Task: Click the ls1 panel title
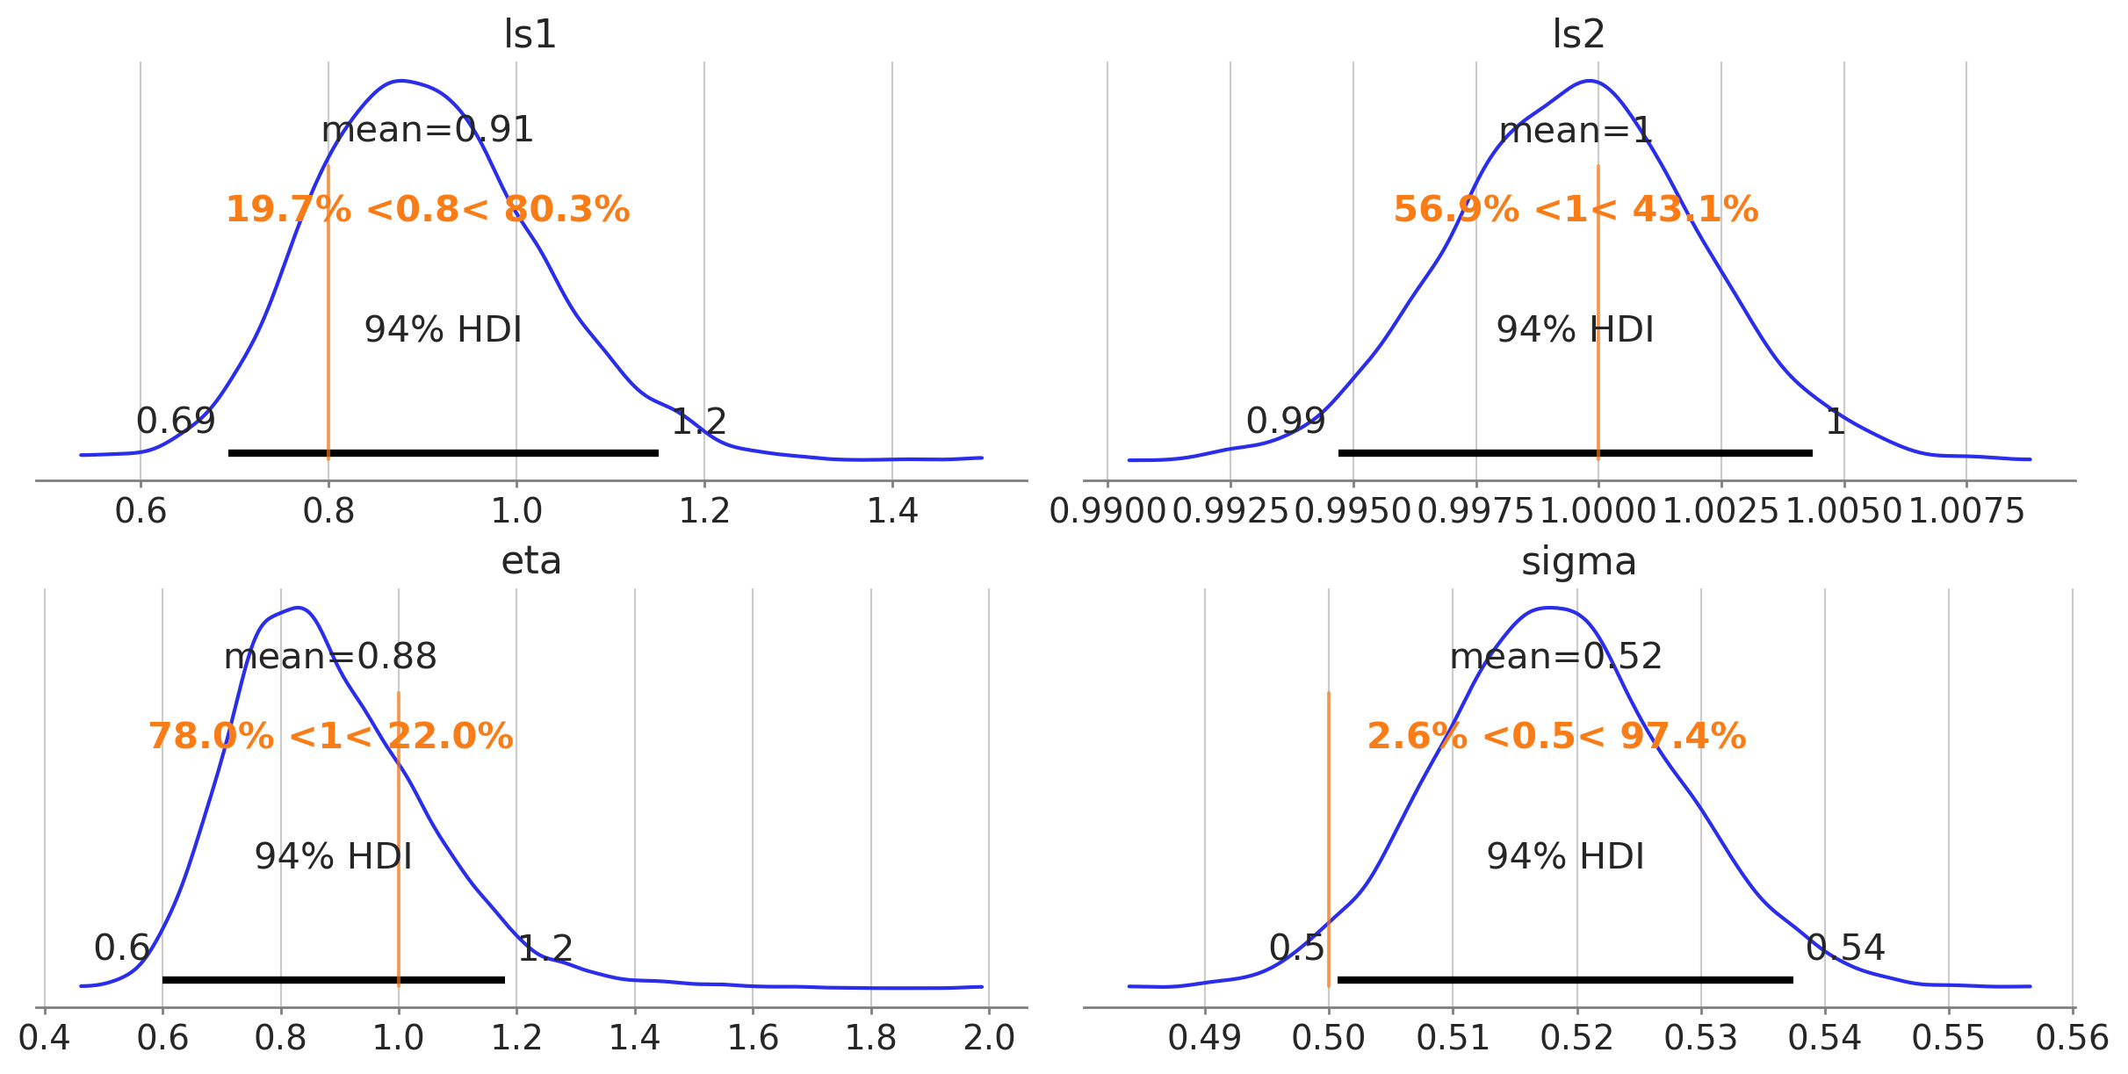(530, 35)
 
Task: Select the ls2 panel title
(1578, 35)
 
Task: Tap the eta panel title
(530, 562)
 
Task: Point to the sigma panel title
(1578, 562)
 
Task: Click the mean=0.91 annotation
(428, 130)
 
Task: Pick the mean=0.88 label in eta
(330, 657)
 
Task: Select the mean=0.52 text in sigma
(1555, 657)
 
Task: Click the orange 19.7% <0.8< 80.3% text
(428, 210)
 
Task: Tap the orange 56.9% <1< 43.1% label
(1576, 210)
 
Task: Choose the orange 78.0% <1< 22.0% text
(330, 736)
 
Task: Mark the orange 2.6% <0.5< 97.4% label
(1556, 736)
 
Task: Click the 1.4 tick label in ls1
(892, 511)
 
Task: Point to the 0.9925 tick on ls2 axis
(1230, 511)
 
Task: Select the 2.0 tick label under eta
(989, 1038)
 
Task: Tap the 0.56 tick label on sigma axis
(2072, 1038)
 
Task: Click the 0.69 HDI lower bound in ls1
(176, 422)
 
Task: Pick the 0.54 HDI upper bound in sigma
(1845, 948)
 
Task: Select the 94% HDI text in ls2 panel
(1575, 330)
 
